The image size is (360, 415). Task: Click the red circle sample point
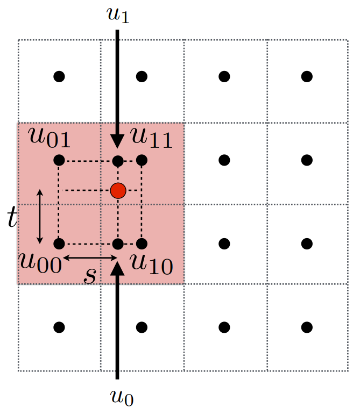118,190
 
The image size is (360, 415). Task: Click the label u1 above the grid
117,16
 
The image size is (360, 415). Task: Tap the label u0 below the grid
121,397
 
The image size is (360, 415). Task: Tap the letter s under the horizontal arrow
90,275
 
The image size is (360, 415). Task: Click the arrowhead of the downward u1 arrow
118,141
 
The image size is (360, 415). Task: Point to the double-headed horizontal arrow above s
90,259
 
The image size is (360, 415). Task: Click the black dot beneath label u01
59,160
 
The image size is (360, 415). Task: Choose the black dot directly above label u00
59,244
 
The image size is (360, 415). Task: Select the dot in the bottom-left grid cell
59,327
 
